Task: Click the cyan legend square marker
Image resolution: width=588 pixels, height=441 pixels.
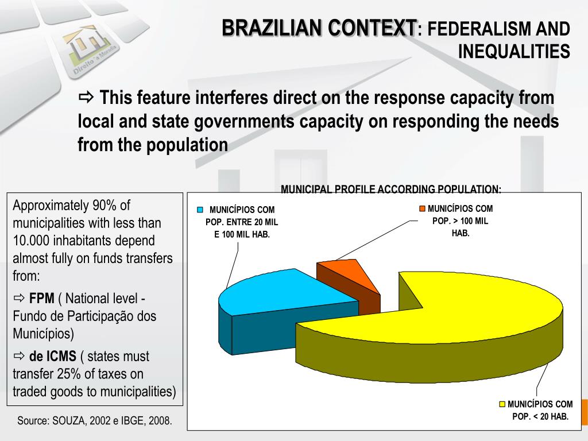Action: (x=200, y=210)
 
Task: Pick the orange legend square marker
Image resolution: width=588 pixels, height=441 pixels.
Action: (x=423, y=209)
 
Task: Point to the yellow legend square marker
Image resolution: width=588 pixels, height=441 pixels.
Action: (x=502, y=404)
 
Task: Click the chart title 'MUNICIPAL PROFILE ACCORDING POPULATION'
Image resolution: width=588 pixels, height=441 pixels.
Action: (x=390, y=189)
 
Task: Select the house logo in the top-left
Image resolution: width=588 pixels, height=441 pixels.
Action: (x=89, y=46)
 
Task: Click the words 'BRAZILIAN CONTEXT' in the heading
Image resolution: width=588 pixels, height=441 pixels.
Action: (x=319, y=28)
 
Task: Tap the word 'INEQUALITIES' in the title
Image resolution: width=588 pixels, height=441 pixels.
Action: (x=514, y=52)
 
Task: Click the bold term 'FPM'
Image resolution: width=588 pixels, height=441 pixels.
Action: (x=42, y=299)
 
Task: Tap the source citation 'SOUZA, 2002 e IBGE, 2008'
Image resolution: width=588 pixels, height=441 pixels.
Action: (x=112, y=420)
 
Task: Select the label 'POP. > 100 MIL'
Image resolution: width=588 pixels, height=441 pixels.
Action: (x=461, y=221)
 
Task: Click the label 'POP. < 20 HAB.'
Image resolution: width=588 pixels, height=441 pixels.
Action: (x=540, y=416)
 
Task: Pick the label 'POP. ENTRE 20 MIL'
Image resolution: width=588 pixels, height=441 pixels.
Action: (x=242, y=222)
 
